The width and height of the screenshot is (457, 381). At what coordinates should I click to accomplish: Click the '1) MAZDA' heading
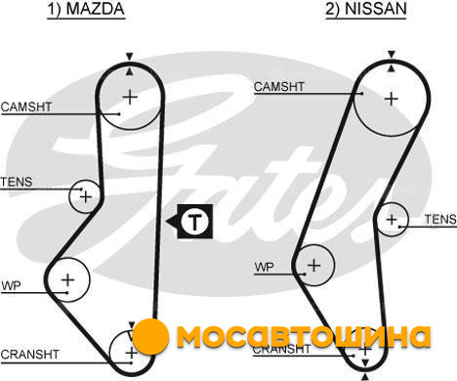tap(86, 9)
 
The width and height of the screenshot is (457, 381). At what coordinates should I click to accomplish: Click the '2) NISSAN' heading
tap(366, 9)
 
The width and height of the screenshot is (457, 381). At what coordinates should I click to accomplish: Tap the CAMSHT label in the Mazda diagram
tap(26, 106)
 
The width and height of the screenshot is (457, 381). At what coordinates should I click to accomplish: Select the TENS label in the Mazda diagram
tap(17, 182)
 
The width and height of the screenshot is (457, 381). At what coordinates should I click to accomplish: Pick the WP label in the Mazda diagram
tap(11, 286)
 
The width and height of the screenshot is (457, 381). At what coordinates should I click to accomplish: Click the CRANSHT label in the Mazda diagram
tap(29, 355)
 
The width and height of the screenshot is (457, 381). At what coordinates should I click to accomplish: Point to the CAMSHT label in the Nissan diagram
tap(279, 87)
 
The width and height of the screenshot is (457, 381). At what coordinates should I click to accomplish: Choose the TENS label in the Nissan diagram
tap(440, 219)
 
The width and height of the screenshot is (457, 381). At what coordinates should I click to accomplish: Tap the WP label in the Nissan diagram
tap(265, 268)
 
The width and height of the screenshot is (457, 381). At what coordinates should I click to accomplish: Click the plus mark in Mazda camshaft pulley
tap(130, 97)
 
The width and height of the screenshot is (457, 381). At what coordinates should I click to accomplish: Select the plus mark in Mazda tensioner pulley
tap(86, 196)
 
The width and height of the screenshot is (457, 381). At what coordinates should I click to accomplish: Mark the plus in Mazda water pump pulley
tap(68, 280)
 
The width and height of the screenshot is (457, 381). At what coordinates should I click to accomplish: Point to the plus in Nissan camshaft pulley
tap(392, 99)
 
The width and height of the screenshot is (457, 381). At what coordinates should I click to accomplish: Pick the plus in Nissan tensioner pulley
tap(392, 219)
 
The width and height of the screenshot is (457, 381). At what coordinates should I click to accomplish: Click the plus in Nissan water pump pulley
tap(314, 265)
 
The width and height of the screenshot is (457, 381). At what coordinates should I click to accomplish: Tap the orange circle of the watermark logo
tap(150, 337)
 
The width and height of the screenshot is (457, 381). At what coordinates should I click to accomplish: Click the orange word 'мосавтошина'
tap(304, 337)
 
